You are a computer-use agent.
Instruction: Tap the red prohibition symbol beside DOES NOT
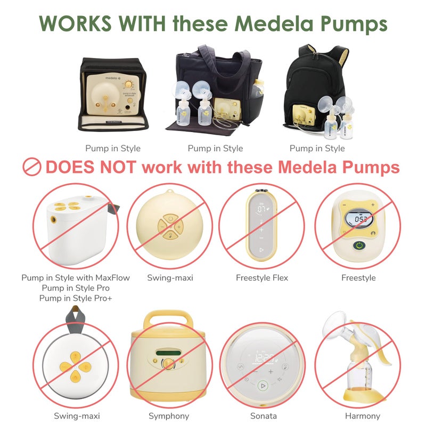coord(32,167)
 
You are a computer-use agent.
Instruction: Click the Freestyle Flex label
coord(261,277)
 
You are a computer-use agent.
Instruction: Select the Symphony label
coord(168,416)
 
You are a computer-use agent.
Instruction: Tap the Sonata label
coord(262,416)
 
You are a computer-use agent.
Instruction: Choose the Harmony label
coord(363,416)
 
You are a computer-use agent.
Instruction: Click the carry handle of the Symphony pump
coord(168,318)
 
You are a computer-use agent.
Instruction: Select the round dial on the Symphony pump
coord(168,364)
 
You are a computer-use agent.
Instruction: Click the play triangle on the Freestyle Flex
coord(261,249)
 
